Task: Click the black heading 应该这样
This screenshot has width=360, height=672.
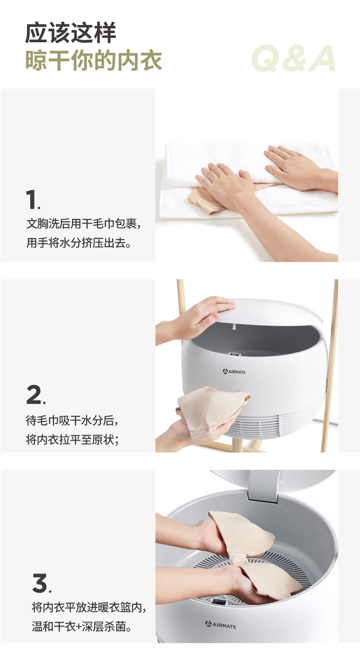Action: click(x=71, y=33)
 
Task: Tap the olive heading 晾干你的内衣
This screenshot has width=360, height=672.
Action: click(x=94, y=60)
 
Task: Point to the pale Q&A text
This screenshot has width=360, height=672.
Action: click(x=293, y=59)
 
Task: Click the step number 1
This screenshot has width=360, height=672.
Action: click(x=33, y=200)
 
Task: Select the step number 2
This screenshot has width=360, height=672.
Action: click(x=36, y=395)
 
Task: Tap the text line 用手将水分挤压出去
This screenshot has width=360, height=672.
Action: click(x=79, y=243)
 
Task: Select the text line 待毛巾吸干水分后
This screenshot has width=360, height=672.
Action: click(x=72, y=420)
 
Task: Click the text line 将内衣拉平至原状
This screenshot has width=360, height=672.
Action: click(x=72, y=440)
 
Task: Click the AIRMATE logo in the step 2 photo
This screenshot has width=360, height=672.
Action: click(x=234, y=372)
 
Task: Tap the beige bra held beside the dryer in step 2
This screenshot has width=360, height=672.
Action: click(x=212, y=408)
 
